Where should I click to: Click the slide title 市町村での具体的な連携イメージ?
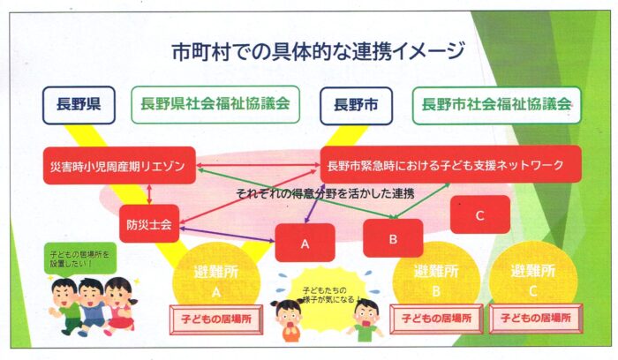(x=319, y=51)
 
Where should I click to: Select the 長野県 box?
(x=79, y=105)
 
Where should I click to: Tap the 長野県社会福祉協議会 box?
(x=215, y=104)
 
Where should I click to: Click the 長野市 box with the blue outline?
(x=357, y=106)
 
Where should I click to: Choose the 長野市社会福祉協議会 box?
(x=496, y=105)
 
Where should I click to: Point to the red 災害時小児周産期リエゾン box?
(x=119, y=165)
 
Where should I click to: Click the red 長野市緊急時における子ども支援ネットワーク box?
(x=451, y=164)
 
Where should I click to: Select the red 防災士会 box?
(x=149, y=224)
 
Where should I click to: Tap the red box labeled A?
(x=305, y=243)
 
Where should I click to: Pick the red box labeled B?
(x=393, y=238)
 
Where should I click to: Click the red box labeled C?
(x=480, y=214)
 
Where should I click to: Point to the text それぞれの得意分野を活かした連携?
(x=325, y=194)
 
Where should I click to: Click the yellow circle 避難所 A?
(x=216, y=281)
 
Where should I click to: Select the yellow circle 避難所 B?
(x=436, y=281)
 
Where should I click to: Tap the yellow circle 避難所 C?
(x=533, y=281)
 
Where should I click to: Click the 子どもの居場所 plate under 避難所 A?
(x=216, y=319)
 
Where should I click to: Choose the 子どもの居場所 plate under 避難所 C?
(x=536, y=319)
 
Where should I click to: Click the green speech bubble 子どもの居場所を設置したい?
(x=81, y=259)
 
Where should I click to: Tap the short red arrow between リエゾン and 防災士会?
(x=149, y=195)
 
